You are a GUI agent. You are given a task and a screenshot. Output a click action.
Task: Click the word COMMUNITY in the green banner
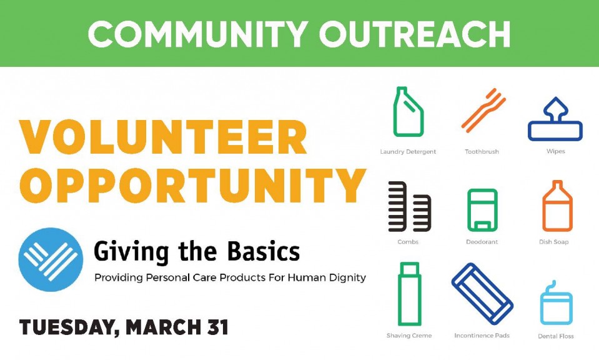[x=198, y=34]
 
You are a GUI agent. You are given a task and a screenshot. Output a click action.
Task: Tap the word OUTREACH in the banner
[x=415, y=34]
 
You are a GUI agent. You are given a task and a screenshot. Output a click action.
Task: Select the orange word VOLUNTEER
[x=163, y=137]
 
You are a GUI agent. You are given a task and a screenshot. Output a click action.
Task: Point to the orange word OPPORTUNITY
[x=193, y=186]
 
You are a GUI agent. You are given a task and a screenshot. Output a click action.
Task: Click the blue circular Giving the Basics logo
[x=51, y=259]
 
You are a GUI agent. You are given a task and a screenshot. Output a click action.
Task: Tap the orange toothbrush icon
[x=483, y=111]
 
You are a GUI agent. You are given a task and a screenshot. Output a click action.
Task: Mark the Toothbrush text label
[x=482, y=152]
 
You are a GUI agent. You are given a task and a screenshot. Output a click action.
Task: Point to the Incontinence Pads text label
[x=482, y=336]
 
